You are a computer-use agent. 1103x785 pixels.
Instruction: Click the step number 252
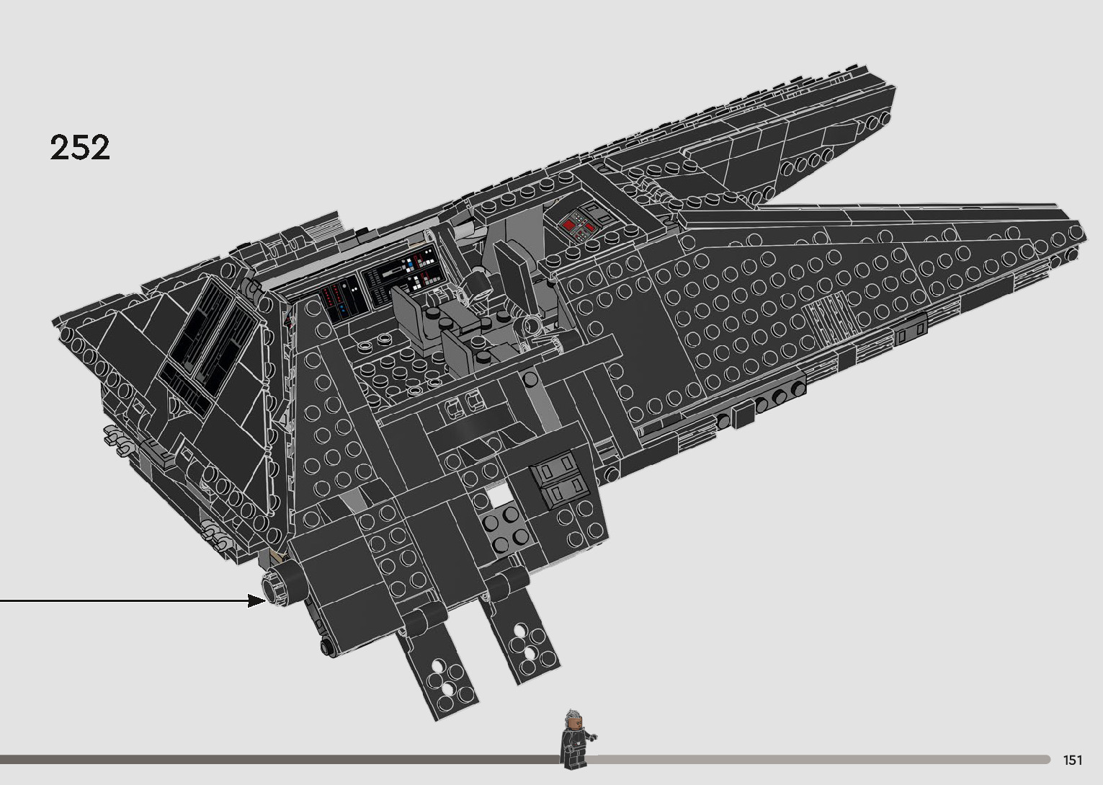(x=80, y=147)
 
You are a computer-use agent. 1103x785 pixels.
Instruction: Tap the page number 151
(x=1072, y=760)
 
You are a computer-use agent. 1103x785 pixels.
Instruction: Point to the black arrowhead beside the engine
(x=256, y=600)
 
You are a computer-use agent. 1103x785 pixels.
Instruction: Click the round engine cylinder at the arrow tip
(x=282, y=585)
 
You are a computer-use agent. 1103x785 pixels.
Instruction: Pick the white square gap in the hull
(x=498, y=496)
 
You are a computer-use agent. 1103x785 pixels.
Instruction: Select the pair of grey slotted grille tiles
(x=558, y=481)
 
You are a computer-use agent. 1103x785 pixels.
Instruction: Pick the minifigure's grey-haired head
(x=573, y=719)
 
